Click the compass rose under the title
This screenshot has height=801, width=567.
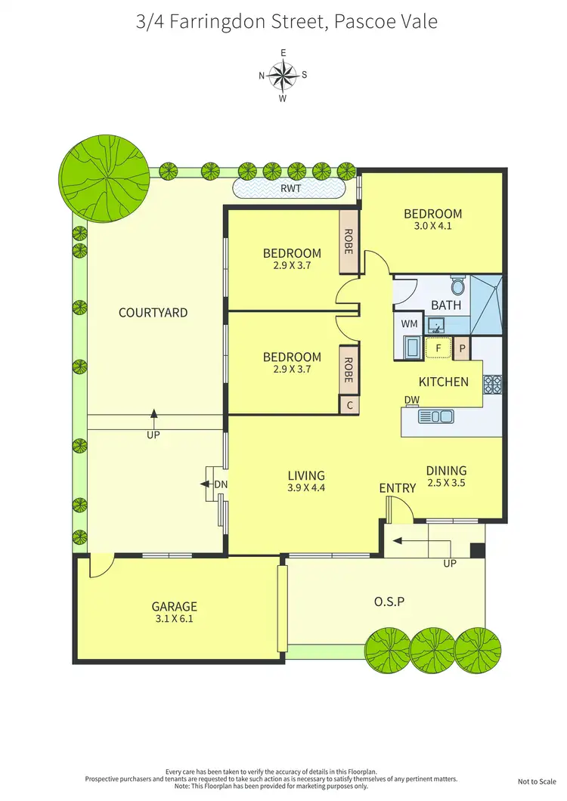tap(283, 74)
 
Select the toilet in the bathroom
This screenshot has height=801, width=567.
tap(457, 286)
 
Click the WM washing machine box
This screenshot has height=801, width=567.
tap(409, 323)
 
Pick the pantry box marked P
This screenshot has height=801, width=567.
tap(461, 348)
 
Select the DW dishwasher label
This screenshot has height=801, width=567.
tap(412, 400)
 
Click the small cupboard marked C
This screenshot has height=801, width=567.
tap(349, 405)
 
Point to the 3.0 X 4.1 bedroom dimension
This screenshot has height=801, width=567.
tap(432, 225)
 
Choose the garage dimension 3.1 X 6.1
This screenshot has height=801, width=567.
tap(175, 618)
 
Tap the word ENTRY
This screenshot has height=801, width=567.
tap(398, 488)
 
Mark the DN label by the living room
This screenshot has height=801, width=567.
tap(221, 484)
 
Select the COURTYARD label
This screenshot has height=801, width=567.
tap(153, 312)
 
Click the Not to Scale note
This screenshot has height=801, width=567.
tap(538, 782)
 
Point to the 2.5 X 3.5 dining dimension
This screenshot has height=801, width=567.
tap(445, 482)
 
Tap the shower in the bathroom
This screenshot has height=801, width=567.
tap(485, 305)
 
